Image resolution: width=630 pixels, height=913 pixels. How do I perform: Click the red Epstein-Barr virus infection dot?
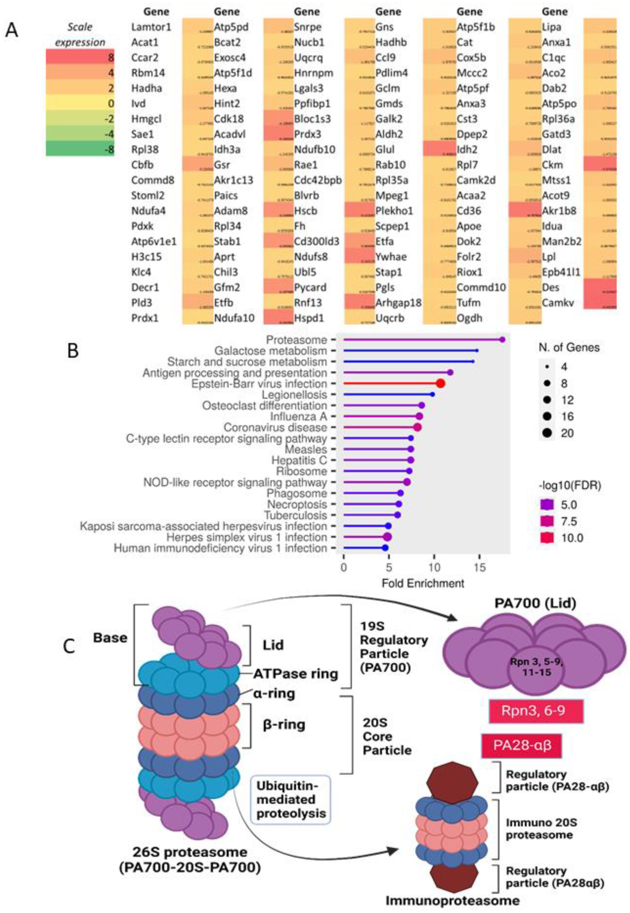click(440, 383)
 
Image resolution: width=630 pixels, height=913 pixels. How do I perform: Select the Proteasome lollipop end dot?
click(502, 340)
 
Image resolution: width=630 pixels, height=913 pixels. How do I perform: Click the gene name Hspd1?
click(308, 318)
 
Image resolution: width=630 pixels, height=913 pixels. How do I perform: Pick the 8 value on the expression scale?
click(111, 58)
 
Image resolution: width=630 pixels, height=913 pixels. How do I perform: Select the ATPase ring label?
click(296, 673)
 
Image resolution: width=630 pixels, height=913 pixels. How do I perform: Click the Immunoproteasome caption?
click(452, 900)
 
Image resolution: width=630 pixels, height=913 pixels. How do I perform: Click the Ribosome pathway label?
click(302, 471)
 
